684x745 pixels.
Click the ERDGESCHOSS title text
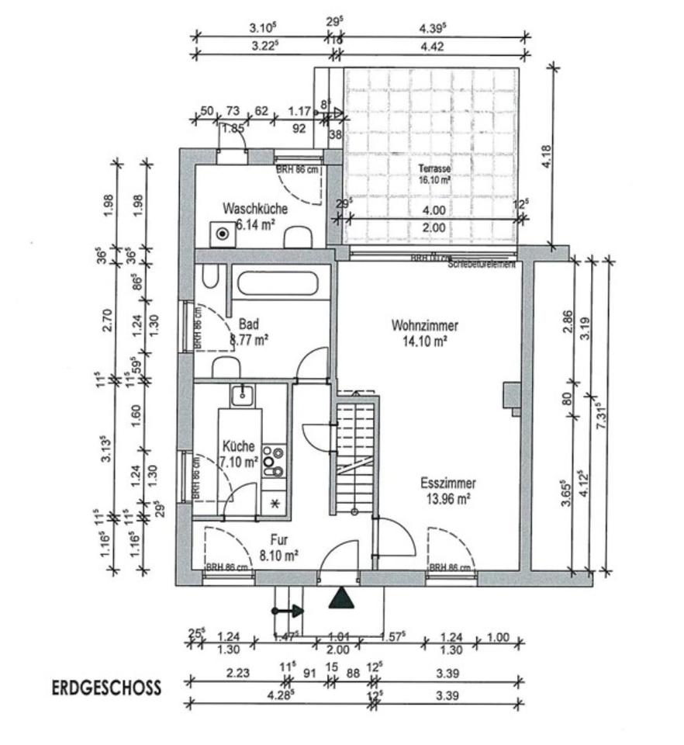tap(107, 688)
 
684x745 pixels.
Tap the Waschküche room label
tap(255, 209)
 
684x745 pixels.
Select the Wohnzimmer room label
tap(424, 325)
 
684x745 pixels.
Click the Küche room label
tap(238, 446)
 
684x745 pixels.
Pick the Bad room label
tap(249, 324)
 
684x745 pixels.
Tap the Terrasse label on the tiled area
tap(434, 168)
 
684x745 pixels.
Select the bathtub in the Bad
tap(278, 283)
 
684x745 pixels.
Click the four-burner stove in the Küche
tap(273, 460)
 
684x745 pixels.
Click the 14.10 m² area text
tap(424, 340)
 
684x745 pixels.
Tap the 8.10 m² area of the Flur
tap(280, 555)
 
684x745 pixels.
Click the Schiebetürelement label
tap(482, 264)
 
